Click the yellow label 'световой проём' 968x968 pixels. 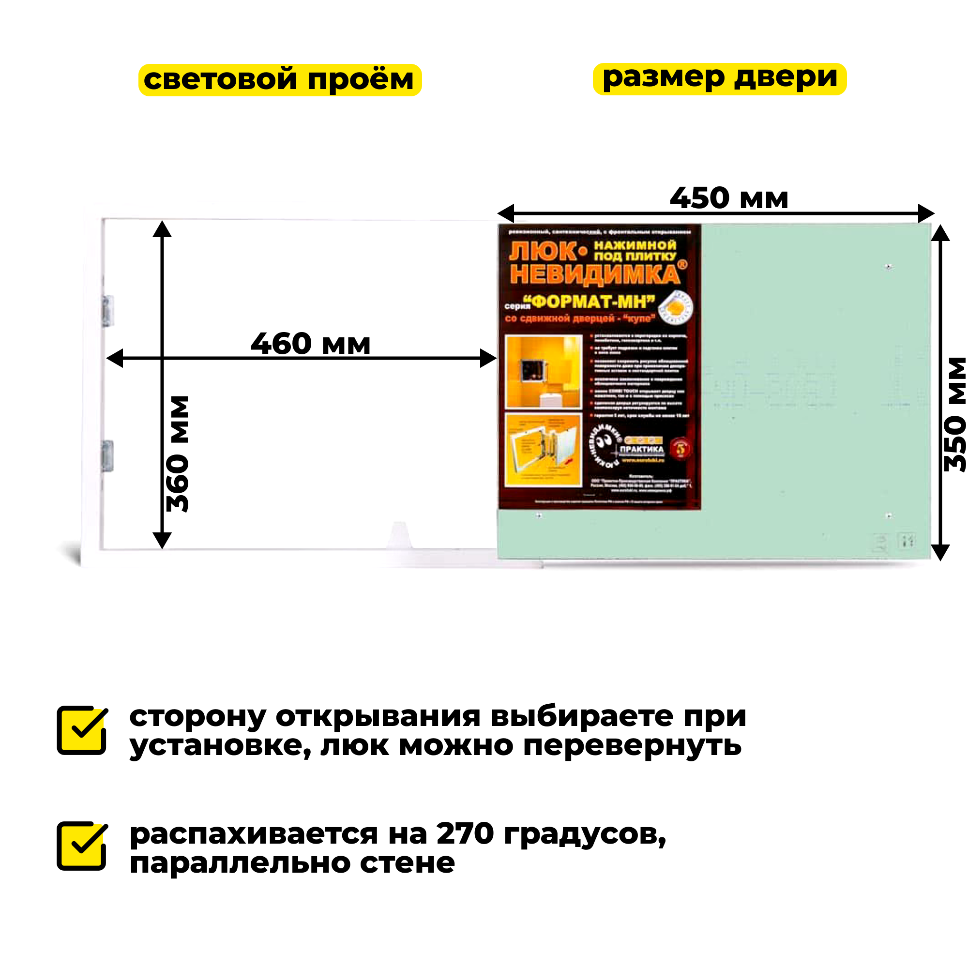pos(280,80)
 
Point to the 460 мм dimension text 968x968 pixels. pos(310,344)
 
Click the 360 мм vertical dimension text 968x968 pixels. pos(178,454)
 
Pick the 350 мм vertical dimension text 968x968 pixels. pos(954,414)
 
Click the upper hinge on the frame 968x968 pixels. pos(108,311)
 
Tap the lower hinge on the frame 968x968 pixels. pos(108,456)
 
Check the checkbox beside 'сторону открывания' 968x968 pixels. pos(82,730)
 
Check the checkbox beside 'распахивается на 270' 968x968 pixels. pos(82,846)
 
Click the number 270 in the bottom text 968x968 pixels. pos(465,834)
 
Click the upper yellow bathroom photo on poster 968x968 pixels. pos(544,372)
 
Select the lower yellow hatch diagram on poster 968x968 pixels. pos(544,450)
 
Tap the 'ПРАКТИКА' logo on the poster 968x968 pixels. pos(641,449)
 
